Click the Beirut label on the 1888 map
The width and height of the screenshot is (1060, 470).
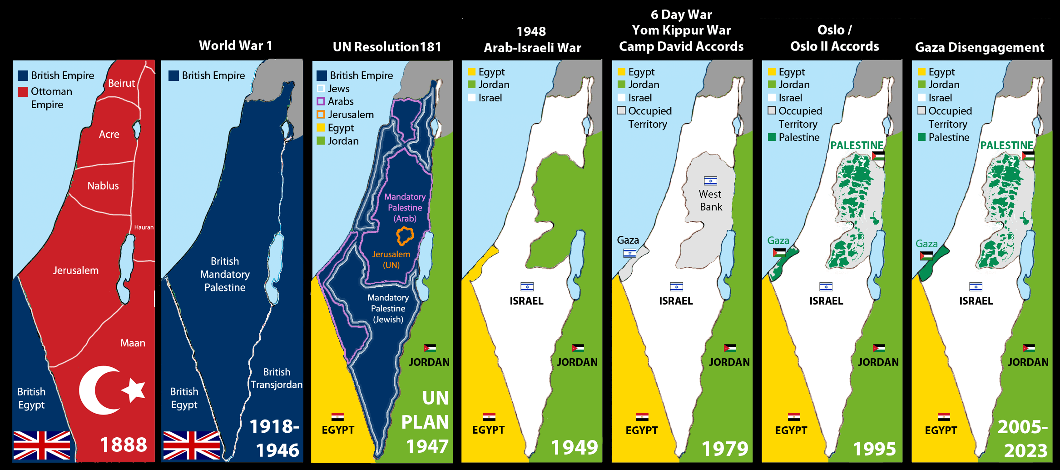point(121,84)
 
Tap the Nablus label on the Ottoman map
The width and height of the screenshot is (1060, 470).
point(103,186)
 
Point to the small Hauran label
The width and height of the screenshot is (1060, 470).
point(144,227)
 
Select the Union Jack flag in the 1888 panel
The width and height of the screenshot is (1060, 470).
point(42,445)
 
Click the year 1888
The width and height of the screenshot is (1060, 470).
point(123,445)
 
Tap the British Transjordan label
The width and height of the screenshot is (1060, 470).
point(276,378)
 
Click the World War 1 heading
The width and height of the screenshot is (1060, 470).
point(235,46)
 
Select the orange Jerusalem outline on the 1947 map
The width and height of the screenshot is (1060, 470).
point(405,236)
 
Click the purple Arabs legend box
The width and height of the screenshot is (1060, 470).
point(321,101)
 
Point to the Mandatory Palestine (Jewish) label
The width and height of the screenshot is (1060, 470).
point(388,309)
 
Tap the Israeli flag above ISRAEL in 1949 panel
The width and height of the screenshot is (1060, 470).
point(527,287)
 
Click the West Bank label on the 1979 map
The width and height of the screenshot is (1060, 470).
point(710,200)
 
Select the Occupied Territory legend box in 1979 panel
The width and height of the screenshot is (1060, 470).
point(621,110)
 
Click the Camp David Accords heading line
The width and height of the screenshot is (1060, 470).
point(681,47)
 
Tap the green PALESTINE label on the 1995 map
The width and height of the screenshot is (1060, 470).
point(857,145)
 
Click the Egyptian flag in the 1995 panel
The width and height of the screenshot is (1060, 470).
point(793,416)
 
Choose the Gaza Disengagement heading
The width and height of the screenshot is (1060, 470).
point(979,48)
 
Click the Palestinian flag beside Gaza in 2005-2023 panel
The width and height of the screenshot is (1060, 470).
point(926,256)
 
